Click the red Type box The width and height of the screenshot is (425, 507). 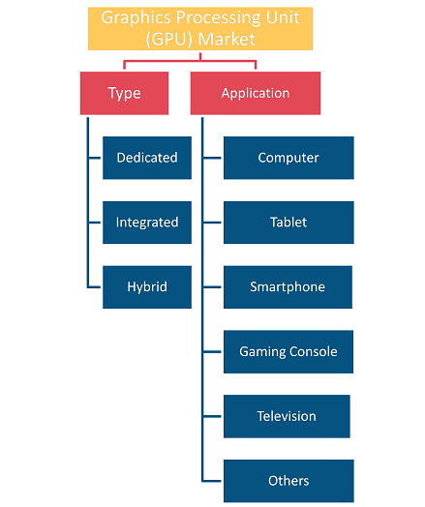click(x=124, y=93)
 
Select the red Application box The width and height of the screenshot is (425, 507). click(x=256, y=93)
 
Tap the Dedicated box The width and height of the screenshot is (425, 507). click(x=147, y=158)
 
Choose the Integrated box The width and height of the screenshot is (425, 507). click(x=147, y=223)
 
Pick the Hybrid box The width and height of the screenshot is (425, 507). click(x=147, y=287)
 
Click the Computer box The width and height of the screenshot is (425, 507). click(x=288, y=158)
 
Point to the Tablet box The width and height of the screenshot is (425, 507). click(x=288, y=223)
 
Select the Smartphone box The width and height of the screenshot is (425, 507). click(x=288, y=287)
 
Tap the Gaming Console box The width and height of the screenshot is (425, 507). click(x=288, y=352)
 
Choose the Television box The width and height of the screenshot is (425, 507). click(x=287, y=416)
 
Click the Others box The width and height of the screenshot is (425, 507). click(x=288, y=481)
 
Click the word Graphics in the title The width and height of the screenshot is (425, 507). click(x=136, y=18)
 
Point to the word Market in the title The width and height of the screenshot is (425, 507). click(x=227, y=39)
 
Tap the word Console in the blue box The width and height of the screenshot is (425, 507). click(x=313, y=351)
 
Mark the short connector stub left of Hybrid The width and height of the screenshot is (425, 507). click(x=94, y=287)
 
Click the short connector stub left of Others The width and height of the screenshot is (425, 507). click(x=211, y=481)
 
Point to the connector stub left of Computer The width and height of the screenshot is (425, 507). click(x=212, y=158)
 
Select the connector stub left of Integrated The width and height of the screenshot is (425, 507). click(x=95, y=223)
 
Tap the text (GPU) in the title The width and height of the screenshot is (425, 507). click(x=168, y=40)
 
